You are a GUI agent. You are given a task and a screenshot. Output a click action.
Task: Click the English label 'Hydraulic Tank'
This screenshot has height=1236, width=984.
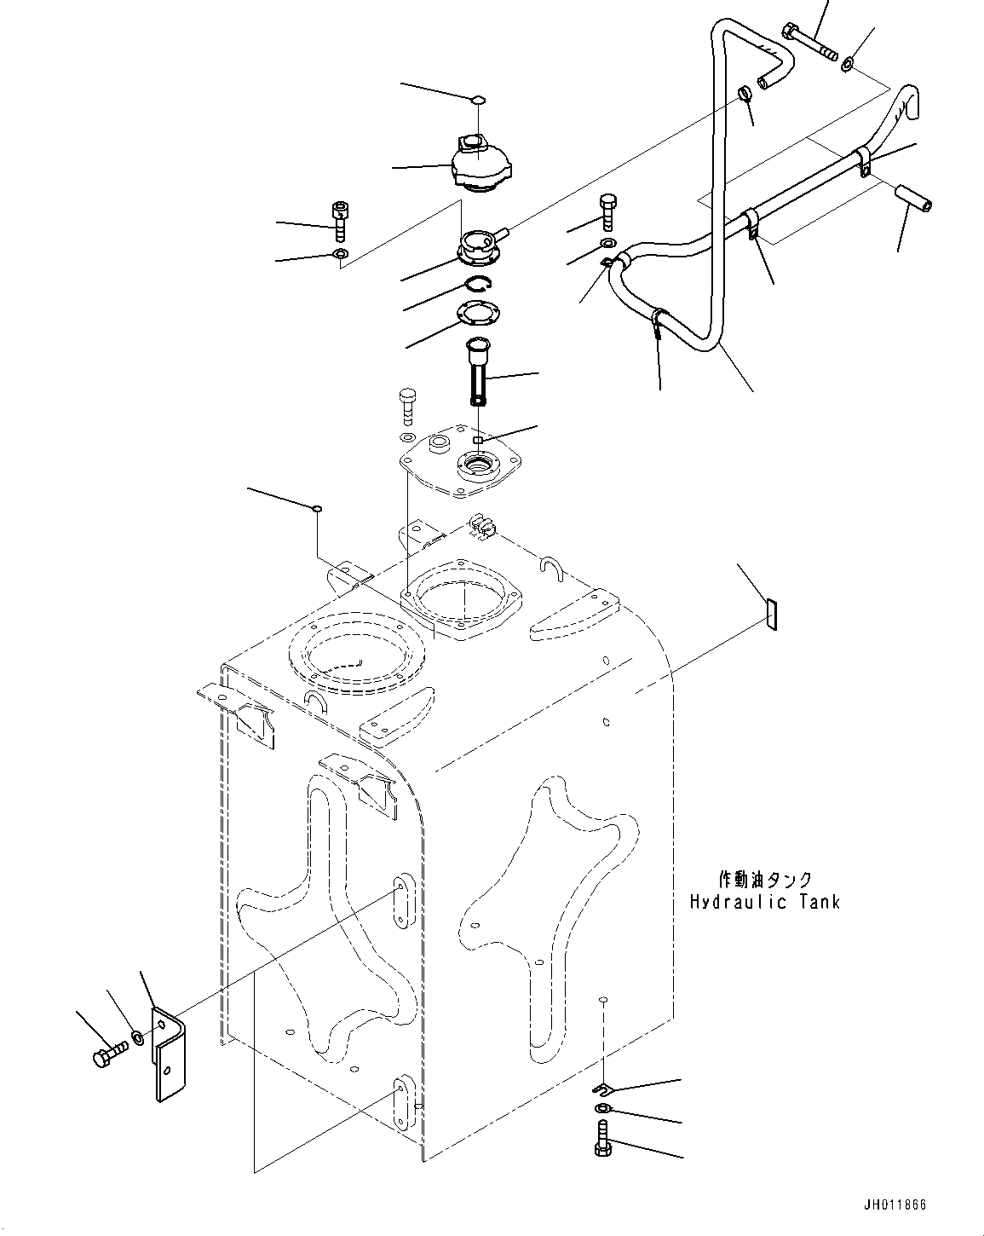click(x=764, y=901)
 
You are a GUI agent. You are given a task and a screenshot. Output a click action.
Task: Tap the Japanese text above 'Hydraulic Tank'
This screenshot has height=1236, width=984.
click(x=764, y=879)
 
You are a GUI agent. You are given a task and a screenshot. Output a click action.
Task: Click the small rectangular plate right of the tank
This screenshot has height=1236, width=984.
click(x=770, y=615)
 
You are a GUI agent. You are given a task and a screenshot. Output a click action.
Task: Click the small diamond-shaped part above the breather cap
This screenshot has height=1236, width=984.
click(x=479, y=100)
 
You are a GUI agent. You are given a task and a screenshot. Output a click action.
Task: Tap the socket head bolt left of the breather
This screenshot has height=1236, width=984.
click(x=339, y=220)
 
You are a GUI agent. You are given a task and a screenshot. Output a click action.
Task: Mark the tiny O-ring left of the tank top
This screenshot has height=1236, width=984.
click(x=317, y=509)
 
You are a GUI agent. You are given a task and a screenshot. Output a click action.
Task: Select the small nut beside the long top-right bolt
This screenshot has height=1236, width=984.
click(x=849, y=65)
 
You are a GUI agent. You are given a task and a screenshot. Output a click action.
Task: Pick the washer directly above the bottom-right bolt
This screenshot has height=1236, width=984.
click(x=602, y=1108)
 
